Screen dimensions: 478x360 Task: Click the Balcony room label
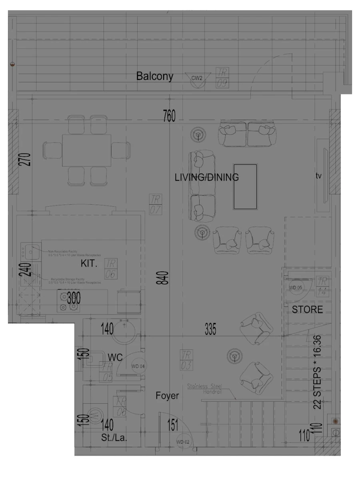[155, 76]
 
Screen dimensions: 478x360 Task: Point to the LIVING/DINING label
[207, 177]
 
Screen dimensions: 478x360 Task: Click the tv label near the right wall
[319, 176]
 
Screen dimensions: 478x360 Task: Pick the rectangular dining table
[86, 151]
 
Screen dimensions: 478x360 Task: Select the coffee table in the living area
[245, 187]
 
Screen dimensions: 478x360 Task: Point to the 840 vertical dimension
[163, 278]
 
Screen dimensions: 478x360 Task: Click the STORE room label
[307, 310]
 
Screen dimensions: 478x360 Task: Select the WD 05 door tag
[295, 287]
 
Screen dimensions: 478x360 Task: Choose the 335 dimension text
[210, 330]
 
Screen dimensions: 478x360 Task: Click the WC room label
[115, 357]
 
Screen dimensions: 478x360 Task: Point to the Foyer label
[167, 396]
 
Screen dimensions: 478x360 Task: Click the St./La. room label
[114, 438]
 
